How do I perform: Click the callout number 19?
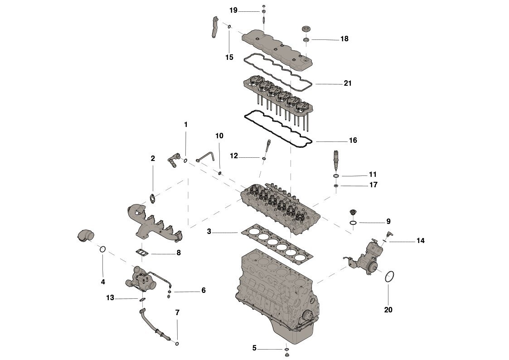[233, 10]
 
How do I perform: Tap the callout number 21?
[348, 83]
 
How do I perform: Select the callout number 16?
[353, 140]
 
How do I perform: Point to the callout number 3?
[209, 231]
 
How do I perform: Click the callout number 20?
[388, 310]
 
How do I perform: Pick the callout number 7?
[177, 312]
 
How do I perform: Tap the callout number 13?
[110, 298]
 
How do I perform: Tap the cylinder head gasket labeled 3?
[277, 242]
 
